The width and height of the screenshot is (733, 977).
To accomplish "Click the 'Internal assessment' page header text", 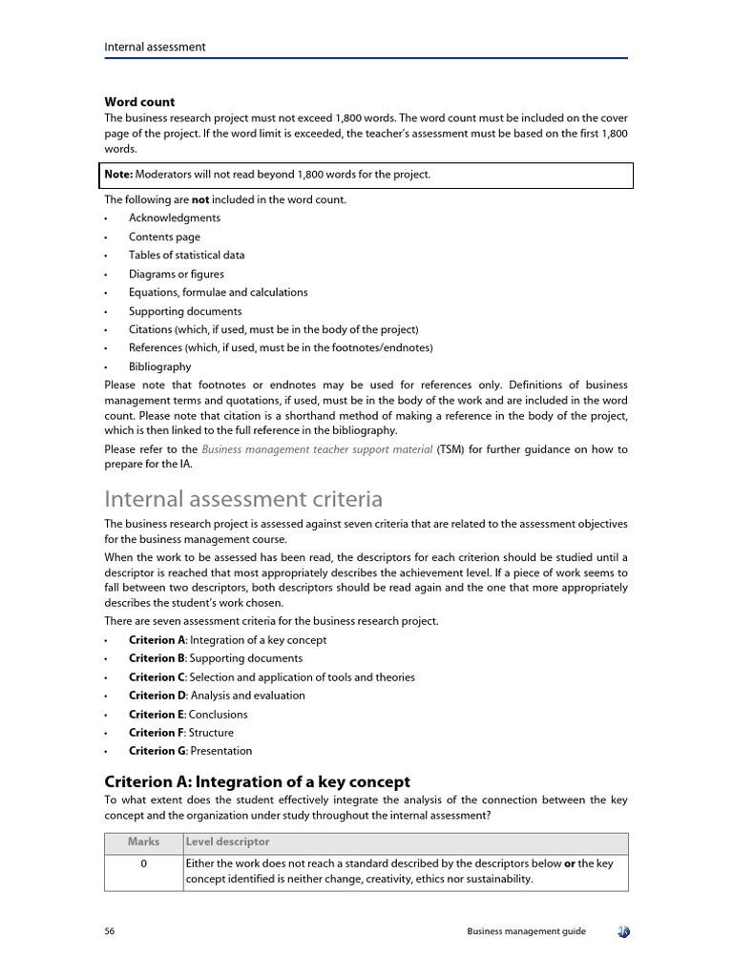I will tap(155, 47).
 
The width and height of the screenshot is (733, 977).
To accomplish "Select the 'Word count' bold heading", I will tap(139, 102).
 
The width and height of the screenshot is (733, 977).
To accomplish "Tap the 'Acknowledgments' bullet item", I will tap(175, 218).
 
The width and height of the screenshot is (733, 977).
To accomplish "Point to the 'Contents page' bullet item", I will tap(164, 237).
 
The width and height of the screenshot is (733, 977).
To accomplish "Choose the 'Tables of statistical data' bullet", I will tap(186, 256).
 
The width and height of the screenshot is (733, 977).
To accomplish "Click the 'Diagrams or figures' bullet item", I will tap(177, 274).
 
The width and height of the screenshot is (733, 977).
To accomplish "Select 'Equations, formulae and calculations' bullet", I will tap(218, 293).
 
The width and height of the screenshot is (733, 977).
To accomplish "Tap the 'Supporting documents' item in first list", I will tap(185, 311).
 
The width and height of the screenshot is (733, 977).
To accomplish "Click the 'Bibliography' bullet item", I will tap(159, 366).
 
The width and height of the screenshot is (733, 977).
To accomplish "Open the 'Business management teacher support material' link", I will tap(317, 449).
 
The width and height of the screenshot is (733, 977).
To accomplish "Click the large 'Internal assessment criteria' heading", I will tap(243, 499).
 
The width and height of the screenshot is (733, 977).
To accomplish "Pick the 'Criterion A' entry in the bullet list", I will tap(227, 640).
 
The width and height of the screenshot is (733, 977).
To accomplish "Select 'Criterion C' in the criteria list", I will tap(271, 677).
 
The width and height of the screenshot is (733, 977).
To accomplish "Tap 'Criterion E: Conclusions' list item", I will tap(188, 715).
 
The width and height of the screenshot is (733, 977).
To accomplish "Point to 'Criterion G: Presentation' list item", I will tap(190, 751).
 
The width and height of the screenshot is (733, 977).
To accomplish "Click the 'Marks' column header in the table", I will tap(143, 842).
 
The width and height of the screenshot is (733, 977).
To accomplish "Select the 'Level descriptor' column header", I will tap(228, 842).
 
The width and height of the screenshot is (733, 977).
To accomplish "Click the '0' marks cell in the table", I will tap(143, 863).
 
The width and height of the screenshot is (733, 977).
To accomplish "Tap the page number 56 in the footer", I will tap(110, 931).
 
